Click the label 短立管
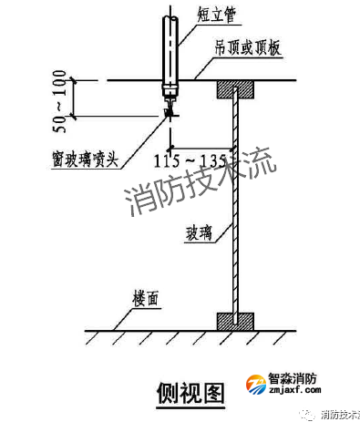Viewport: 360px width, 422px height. (216, 14)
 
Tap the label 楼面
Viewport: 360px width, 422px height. (145, 297)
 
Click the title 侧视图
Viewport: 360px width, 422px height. (190, 391)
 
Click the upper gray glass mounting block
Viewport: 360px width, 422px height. (235, 89)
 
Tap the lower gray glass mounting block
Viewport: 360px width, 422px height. (235, 321)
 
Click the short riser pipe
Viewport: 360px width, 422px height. (170, 50)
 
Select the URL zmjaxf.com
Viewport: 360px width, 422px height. (293, 393)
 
